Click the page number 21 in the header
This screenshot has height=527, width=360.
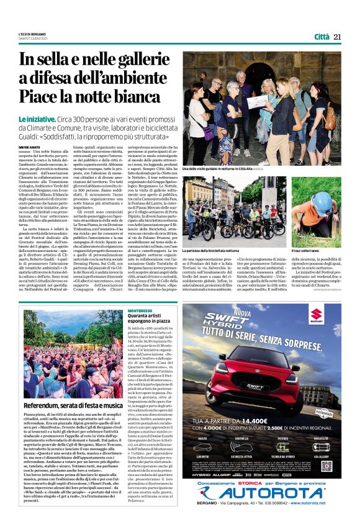pos(338,37)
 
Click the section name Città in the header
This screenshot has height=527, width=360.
pos(322,37)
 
